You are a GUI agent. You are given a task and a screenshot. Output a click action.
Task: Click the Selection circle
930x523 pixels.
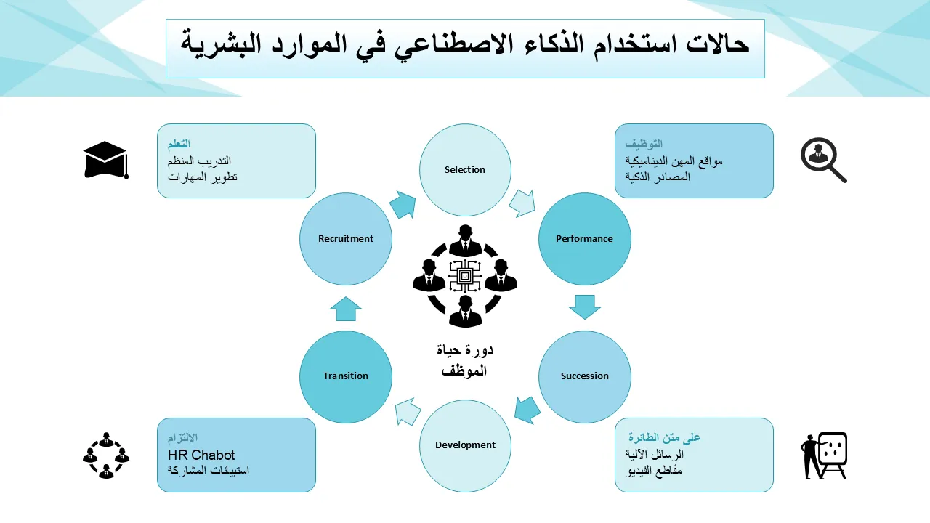[465, 170]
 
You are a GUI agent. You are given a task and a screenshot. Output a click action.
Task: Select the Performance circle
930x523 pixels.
[584, 239]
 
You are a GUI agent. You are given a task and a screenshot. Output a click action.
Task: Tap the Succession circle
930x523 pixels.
[584, 376]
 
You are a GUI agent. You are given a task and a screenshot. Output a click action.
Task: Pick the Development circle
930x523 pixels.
[465, 445]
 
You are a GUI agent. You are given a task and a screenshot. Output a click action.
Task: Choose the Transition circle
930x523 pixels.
[346, 376]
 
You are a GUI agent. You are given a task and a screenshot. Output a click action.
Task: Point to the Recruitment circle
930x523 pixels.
[346, 239]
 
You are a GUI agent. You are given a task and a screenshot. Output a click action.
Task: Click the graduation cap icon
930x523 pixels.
[105, 160]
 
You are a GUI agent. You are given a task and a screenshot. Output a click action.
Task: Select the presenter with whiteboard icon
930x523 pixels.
[824, 455]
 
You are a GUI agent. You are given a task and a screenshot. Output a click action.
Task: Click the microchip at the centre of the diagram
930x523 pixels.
[465, 277]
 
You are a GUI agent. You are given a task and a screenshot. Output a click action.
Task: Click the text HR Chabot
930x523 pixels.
[196, 455]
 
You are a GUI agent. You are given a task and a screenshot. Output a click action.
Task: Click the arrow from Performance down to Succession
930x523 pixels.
[585, 307]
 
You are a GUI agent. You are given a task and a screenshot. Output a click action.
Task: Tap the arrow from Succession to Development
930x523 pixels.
[527, 410]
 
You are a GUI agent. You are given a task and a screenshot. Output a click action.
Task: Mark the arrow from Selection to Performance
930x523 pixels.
[522, 203]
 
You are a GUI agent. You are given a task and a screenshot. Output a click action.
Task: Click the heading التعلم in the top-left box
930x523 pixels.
[179, 144]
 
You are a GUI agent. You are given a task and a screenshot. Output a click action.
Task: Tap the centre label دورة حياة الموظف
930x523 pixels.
[465, 360]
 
